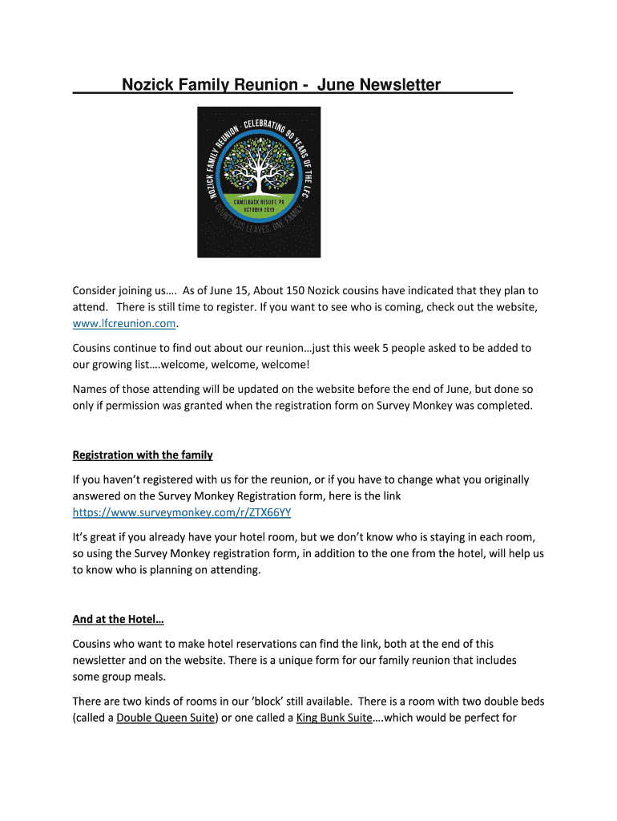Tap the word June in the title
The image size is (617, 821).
[334, 84]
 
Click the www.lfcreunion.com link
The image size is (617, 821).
[124, 323]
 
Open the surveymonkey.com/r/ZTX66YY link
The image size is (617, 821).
[188, 512]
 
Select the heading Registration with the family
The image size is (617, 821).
[143, 455]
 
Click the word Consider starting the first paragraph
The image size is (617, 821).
[97, 290]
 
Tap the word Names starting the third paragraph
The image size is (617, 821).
[91, 389]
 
